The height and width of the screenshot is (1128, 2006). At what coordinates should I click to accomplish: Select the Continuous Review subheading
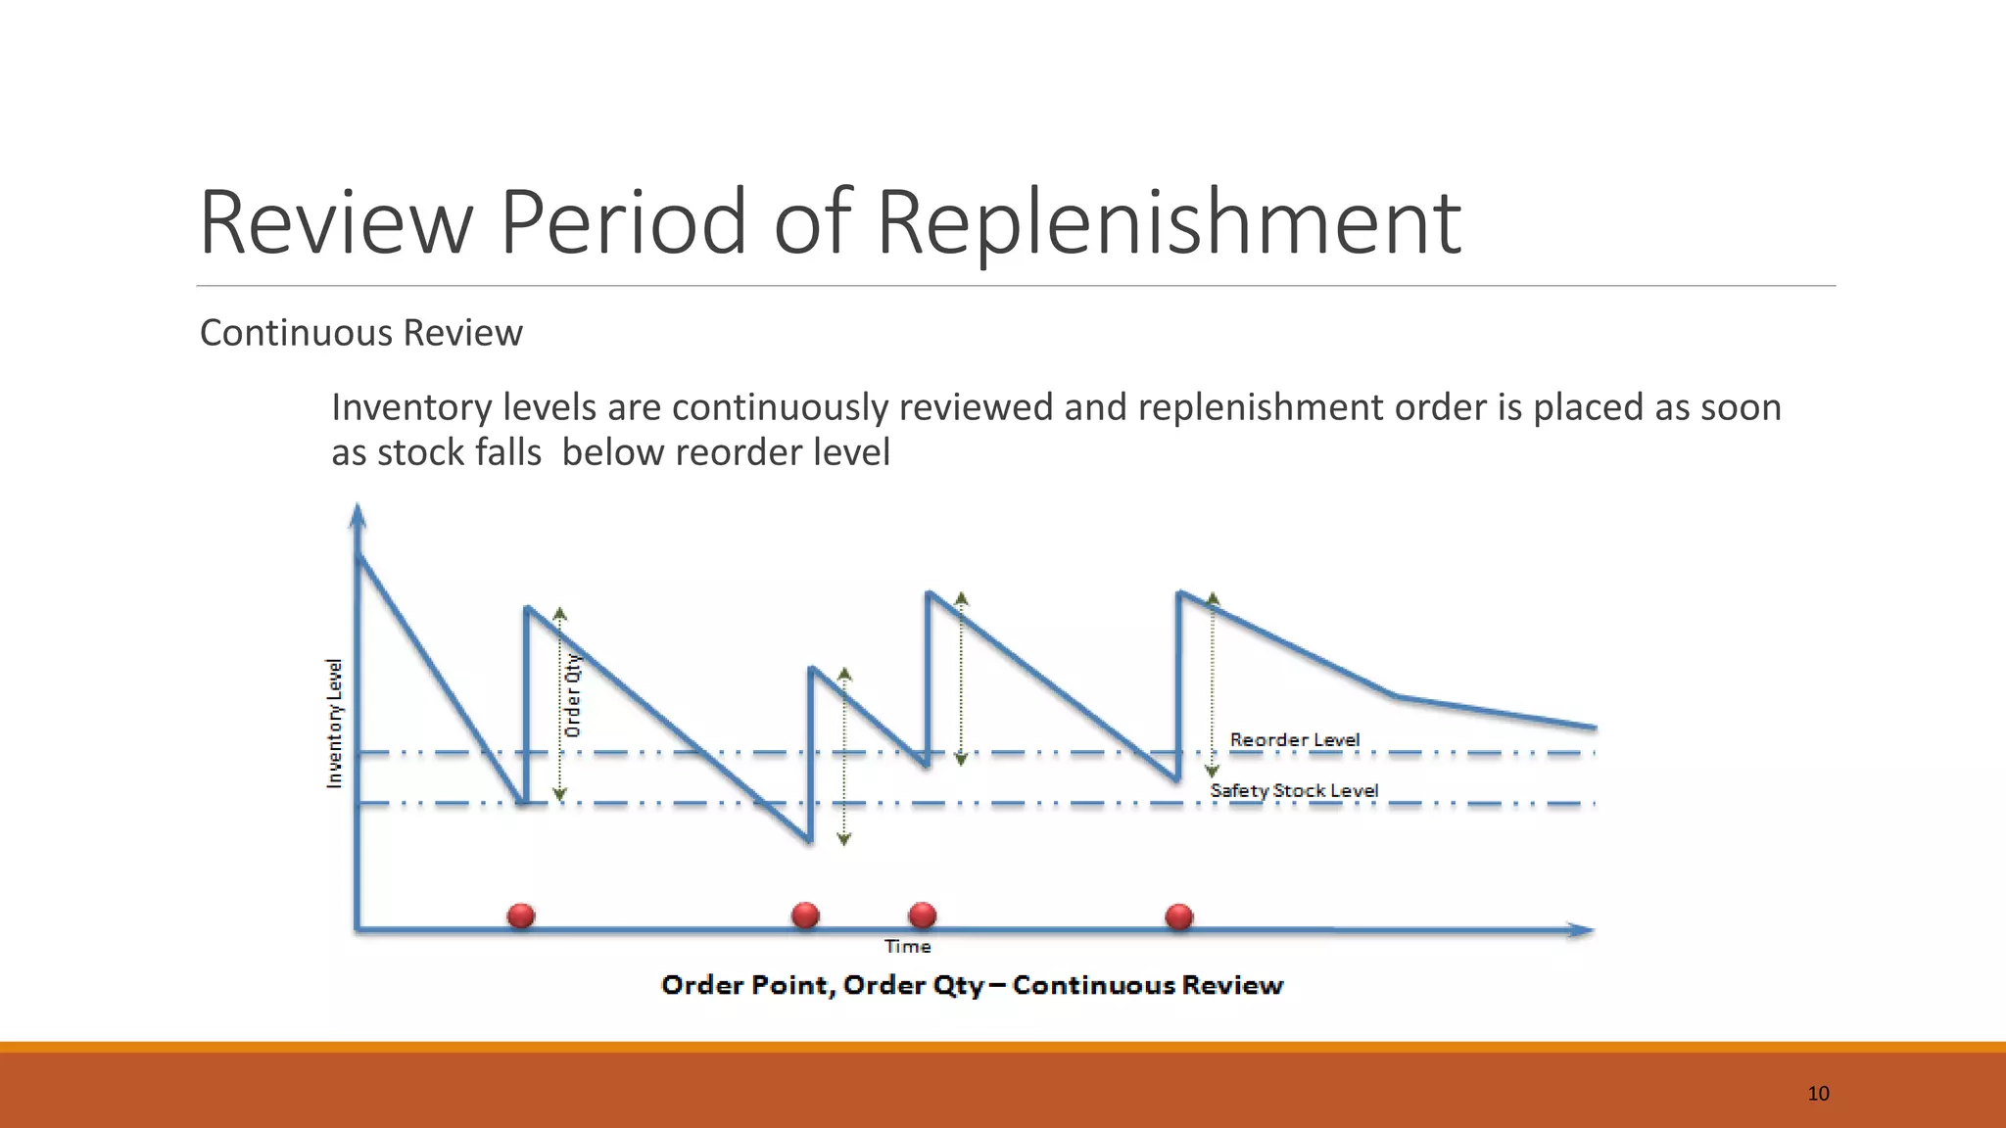coord(360,333)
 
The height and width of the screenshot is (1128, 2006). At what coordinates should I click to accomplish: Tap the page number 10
coord(1818,1094)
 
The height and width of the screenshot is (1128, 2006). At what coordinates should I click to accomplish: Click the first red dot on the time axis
coord(521,916)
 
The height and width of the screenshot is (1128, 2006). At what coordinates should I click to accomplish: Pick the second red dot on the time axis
coord(805,916)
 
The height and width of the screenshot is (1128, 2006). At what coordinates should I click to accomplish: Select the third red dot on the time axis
coord(923,916)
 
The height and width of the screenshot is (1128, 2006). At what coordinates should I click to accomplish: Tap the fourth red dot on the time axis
coord(1179,916)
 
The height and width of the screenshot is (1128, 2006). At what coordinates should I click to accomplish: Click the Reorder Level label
coord(1294,739)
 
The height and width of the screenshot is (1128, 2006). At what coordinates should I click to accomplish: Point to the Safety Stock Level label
coord(1294,790)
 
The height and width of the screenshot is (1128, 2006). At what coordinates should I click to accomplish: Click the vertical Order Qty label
coord(573,695)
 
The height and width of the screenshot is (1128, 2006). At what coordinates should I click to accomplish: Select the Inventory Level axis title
coord(335,723)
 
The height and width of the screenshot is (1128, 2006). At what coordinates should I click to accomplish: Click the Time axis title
coord(907,947)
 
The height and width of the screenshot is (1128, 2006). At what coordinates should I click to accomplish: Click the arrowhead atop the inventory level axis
coord(358,515)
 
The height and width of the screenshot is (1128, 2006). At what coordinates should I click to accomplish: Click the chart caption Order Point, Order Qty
coord(972,985)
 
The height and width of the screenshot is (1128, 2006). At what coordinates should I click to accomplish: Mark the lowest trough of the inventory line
coord(810,840)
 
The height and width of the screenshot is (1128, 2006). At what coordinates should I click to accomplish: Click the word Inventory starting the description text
coord(411,407)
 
